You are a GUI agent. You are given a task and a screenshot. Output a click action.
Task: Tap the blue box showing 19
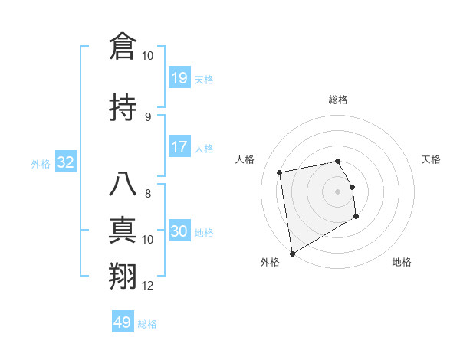179,77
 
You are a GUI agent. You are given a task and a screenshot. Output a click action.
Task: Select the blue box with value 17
179,146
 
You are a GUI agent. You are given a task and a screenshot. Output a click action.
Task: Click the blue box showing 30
179,231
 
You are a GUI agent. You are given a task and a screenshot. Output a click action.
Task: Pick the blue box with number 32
65,162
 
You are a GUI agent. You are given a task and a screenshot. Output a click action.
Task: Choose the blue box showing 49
123,322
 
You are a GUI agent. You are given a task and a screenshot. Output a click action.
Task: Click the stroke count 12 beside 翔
148,286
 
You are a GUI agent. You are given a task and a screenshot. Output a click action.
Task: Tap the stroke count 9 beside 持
148,117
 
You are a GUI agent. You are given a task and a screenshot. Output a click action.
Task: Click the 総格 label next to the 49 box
147,324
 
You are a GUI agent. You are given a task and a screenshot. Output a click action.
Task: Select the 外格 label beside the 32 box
41,163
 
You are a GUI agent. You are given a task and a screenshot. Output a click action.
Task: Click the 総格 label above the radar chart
337,100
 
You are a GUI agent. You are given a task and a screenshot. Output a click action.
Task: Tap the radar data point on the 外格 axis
292,253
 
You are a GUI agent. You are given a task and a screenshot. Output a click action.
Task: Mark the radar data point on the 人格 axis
280,172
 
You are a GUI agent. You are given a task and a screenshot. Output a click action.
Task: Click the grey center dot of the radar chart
337,191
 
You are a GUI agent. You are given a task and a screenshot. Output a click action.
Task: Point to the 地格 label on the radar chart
402,262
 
